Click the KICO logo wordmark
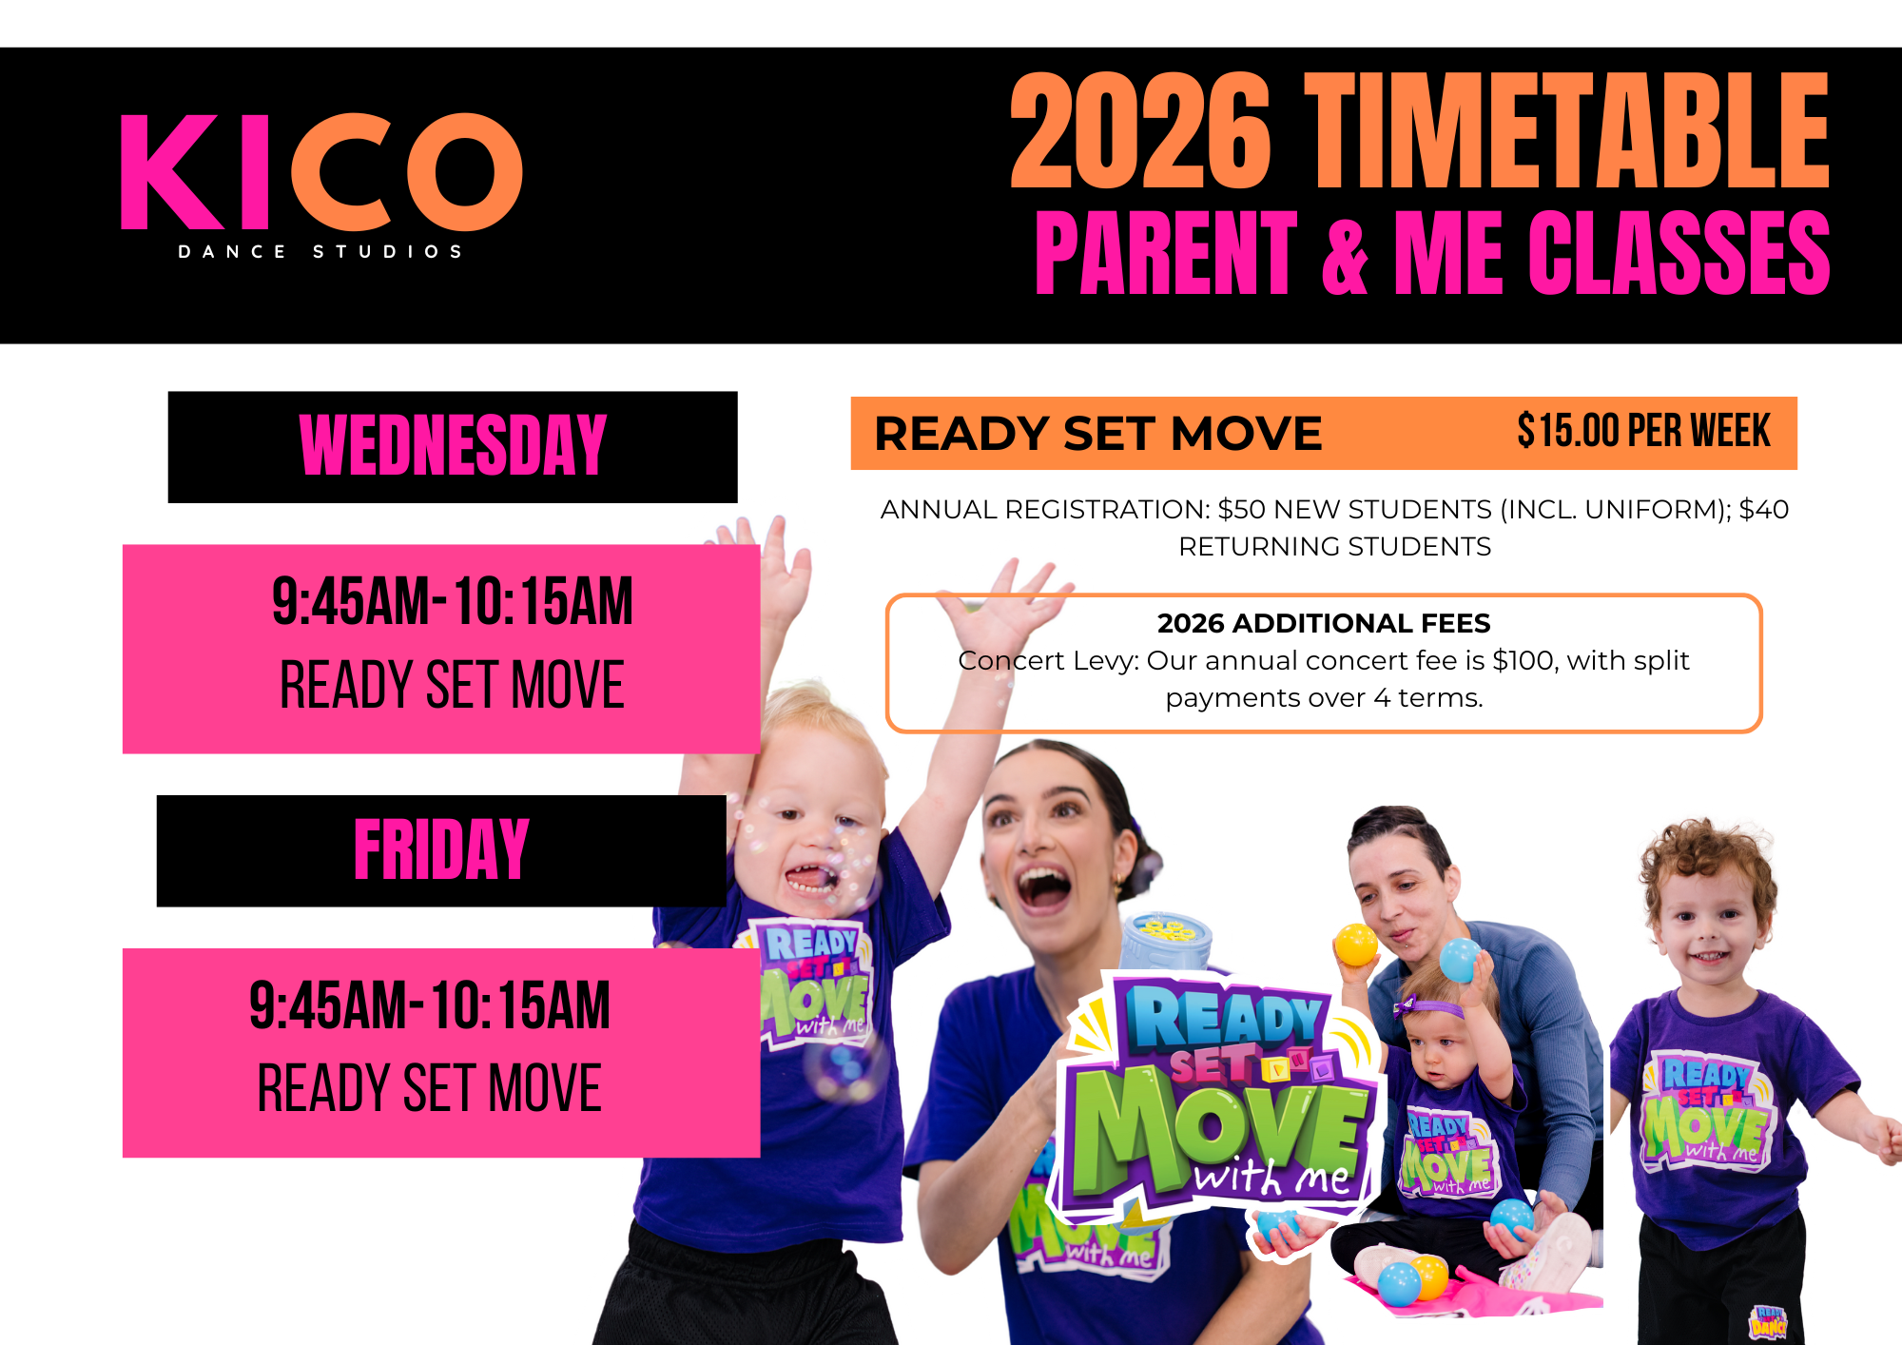pos(321,172)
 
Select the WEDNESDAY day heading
pos(453,445)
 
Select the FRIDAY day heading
pos(441,849)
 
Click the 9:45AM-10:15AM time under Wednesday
pos(452,601)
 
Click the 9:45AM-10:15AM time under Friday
pos(429,1005)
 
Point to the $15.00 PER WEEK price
pos(1643,431)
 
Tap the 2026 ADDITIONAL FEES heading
pos(1323,623)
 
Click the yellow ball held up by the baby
pos(1356,945)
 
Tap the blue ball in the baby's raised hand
pos(1460,960)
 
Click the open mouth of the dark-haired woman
pos(1043,887)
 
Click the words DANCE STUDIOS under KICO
pos(320,252)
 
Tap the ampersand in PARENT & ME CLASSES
pos(1345,253)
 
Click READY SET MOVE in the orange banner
pos(1098,434)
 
